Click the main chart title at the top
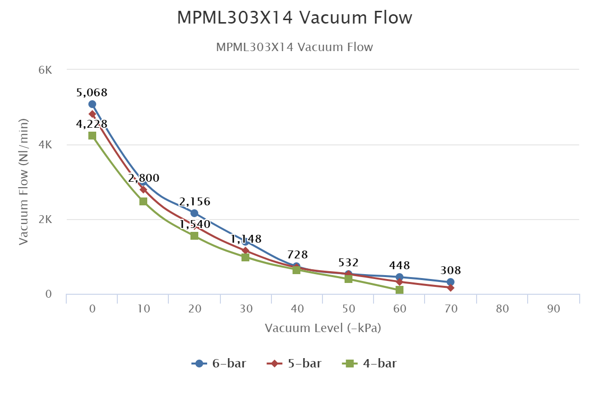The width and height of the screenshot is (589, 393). [294, 18]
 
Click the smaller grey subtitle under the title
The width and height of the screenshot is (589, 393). [294, 47]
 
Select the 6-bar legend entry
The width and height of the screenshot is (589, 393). [219, 364]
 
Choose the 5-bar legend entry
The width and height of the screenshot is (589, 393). [294, 364]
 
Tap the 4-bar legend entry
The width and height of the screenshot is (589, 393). [369, 364]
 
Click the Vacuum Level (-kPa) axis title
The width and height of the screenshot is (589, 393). [323, 328]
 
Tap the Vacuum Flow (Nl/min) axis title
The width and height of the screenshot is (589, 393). [23, 182]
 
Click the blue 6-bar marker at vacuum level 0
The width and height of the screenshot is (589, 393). [92, 104]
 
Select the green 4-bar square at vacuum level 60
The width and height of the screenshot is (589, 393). [400, 290]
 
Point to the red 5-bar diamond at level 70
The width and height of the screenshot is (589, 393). [451, 287]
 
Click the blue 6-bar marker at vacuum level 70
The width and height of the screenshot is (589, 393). [451, 282]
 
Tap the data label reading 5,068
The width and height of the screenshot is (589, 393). [92, 92]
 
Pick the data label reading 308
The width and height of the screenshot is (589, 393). [451, 270]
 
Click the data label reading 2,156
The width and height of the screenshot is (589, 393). [194, 201]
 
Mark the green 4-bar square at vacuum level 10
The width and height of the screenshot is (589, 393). [143, 201]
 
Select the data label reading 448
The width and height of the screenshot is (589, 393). [400, 265]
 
